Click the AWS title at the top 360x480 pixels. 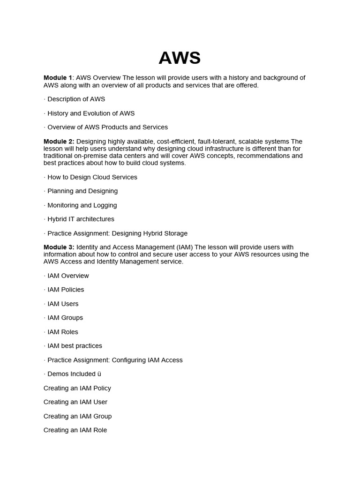[180, 58]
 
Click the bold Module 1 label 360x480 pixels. [58, 78]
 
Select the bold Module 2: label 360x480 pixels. [59, 142]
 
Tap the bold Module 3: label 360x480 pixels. [59, 247]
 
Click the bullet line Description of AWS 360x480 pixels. [75, 99]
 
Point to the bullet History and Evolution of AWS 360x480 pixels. [89, 113]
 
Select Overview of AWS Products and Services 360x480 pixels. [105, 127]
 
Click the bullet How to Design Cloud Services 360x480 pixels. [90, 177]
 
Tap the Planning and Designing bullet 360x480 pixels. [81, 191]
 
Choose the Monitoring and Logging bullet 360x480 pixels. [80, 205]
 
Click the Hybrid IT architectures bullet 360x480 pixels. [79, 219]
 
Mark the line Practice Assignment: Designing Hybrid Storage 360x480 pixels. [115, 233]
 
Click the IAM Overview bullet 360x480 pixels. [66, 276]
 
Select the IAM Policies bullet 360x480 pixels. [64, 290]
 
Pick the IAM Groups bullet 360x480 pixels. [63, 318]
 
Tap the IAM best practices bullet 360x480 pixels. [73, 346]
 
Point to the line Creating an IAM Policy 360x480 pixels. [77, 388]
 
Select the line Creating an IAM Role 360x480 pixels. [75, 430]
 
